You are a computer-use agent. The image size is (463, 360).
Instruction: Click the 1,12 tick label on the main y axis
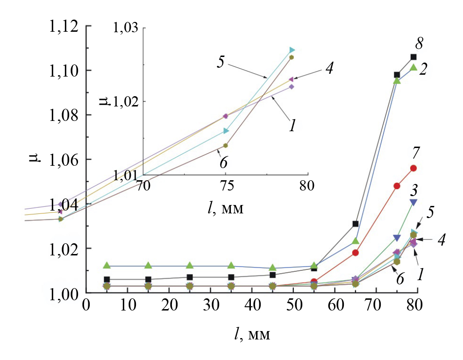[x=64, y=27]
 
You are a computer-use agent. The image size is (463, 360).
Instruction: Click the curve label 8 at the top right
[x=419, y=45]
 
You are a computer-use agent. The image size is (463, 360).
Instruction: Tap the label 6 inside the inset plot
[x=223, y=162]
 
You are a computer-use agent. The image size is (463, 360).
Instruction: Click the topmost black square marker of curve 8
[x=413, y=57]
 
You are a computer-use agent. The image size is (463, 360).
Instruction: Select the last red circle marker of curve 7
[x=413, y=168]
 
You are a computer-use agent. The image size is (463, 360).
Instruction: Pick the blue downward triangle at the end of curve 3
[x=413, y=202]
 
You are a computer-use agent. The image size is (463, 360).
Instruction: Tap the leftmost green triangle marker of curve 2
[x=107, y=266]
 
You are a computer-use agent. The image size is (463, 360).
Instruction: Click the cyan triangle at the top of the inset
[x=292, y=50]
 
